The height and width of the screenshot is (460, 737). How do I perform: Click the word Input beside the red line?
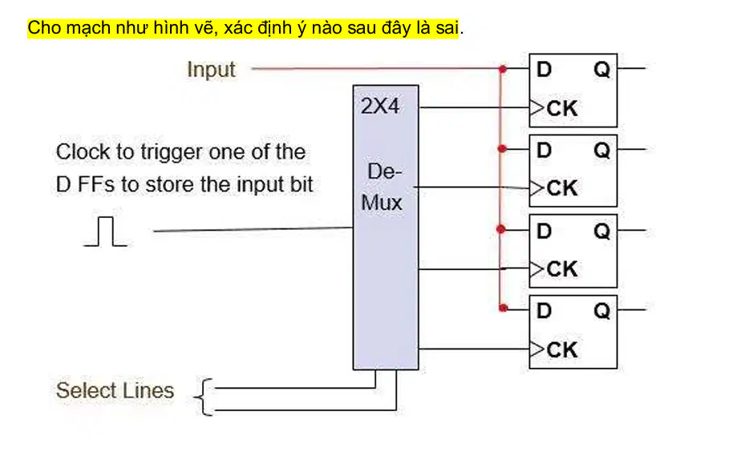tap(211, 70)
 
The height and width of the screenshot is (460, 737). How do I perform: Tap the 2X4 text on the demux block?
tap(380, 106)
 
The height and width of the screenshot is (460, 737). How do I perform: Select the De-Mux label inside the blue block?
tap(382, 187)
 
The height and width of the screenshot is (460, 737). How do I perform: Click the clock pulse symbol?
tap(105, 231)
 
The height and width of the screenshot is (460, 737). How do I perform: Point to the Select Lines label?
tap(115, 390)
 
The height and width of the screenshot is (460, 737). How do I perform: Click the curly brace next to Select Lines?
tap(203, 397)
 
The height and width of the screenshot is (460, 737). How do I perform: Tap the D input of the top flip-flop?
tap(544, 70)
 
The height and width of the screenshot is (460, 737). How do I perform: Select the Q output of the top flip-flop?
tap(601, 70)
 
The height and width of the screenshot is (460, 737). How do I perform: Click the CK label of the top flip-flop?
tap(561, 108)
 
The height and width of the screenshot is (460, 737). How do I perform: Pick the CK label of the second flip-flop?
tap(561, 188)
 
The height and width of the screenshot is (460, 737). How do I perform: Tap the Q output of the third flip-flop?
tap(601, 231)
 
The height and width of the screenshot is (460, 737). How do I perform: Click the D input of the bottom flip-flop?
tap(544, 311)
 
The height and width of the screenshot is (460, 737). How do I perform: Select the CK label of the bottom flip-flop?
tap(561, 350)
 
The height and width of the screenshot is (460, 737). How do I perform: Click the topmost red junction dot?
tap(503, 69)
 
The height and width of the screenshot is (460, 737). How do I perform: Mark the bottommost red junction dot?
tap(503, 309)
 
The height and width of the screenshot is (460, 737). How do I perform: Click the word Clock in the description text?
tap(83, 151)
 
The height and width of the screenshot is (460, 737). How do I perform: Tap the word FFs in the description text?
tap(95, 184)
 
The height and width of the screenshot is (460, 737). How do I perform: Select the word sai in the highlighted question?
tap(447, 28)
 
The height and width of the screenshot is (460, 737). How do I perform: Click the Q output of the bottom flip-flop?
tap(601, 311)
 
